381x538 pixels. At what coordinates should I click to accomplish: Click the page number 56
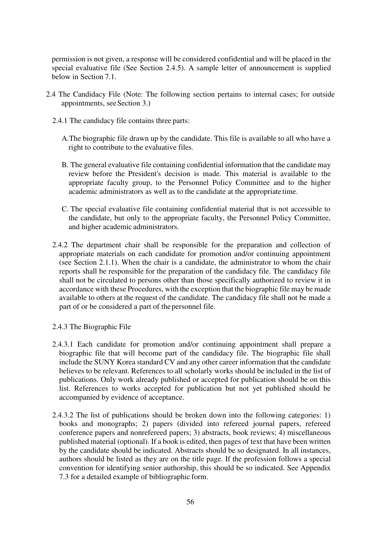tap(190, 502)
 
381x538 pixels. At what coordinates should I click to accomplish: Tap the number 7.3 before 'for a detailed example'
tap(64, 477)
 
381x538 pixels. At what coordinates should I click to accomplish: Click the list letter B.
tap(64, 165)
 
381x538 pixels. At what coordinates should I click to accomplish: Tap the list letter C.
tap(64, 209)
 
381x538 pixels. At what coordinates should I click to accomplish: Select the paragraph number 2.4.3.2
tap(63, 415)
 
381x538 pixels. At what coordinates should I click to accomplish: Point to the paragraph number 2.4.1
tap(60, 121)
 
